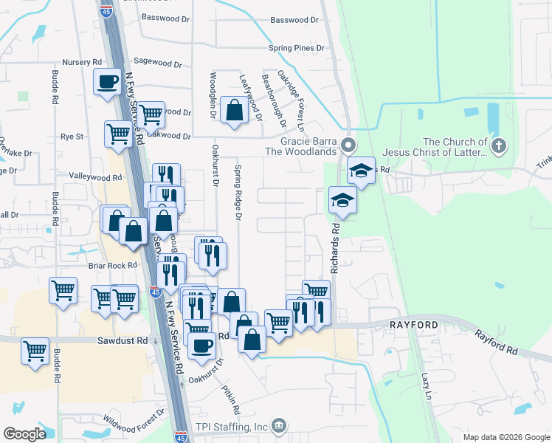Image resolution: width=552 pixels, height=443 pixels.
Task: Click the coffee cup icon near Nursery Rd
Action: pyautogui.click(x=107, y=80)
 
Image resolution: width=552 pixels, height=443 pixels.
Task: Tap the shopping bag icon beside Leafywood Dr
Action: pyautogui.click(x=234, y=111)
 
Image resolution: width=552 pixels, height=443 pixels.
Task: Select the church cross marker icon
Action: pyautogui.click(x=499, y=145)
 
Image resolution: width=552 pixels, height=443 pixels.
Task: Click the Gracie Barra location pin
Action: pyautogui.click(x=350, y=143)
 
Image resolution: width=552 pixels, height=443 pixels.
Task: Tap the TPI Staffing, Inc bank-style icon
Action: pyautogui.click(x=278, y=425)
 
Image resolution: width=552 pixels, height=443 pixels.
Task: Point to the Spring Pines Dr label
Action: pyautogui.click(x=297, y=48)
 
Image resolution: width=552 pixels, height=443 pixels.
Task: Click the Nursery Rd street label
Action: pyautogui.click(x=82, y=62)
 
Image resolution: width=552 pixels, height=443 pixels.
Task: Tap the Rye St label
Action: pyautogui.click(x=72, y=137)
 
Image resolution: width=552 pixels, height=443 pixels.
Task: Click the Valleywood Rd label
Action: pyautogui.click(x=95, y=178)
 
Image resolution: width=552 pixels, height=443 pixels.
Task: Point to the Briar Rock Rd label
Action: pyautogui.click(x=112, y=265)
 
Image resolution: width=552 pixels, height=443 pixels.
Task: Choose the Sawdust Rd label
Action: pyautogui.click(x=123, y=340)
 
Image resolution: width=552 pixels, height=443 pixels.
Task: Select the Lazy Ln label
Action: pyautogui.click(x=426, y=385)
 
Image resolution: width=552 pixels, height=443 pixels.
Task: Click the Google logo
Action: pyautogui.click(x=25, y=434)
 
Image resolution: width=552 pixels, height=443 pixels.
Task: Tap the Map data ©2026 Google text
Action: pyautogui.click(x=506, y=437)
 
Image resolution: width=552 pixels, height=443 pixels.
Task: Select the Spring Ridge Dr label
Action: pyautogui.click(x=238, y=192)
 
